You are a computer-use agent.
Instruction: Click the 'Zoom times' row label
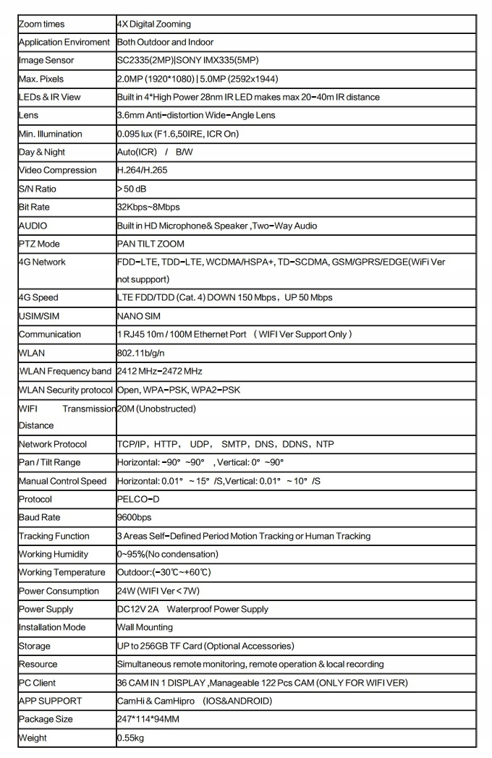click(41, 24)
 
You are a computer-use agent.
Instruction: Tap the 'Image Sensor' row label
click(46, 61)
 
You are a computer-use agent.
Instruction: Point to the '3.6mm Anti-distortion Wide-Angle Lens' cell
click(196, 116)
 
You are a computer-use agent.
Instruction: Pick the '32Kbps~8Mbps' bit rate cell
click(148, 208)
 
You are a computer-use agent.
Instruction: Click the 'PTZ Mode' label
click(39, 244)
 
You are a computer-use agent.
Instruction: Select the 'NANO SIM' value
click(139, 316)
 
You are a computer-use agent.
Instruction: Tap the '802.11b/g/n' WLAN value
click(142, 353)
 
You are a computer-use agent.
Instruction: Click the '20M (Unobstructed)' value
click(156, 409)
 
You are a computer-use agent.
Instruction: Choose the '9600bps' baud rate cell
click(135, 518)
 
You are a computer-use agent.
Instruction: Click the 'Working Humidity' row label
click(54, 554)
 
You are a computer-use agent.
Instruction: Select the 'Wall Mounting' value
click(145, 628)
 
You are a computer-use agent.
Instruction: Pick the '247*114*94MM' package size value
click(148, 720)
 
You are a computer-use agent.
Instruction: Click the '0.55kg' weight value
click(131, 738)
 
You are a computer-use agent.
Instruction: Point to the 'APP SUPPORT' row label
click(50, 701)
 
